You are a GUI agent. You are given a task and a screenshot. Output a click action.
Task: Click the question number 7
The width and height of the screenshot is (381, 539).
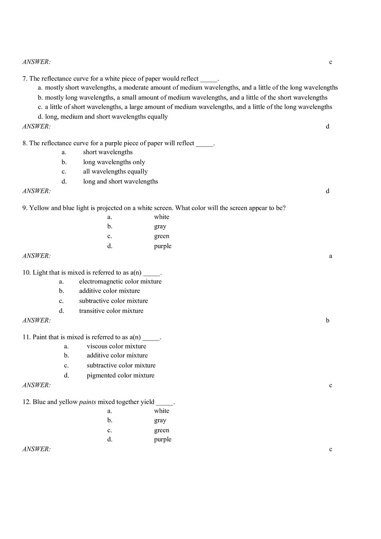tap(25, 79)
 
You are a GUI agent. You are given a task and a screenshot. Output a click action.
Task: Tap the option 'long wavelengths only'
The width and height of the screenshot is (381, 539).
tap(114, 162)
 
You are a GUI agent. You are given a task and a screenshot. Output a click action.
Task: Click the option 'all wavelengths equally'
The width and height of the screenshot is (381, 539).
tap(115, 172)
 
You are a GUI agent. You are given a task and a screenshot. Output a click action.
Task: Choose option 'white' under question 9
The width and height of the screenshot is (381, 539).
tap(161, 217)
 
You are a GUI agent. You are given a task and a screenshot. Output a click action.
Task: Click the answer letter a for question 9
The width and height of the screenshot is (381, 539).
tap(330, 256)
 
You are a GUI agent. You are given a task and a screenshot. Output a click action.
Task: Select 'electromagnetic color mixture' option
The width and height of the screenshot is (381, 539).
tap(120, 281)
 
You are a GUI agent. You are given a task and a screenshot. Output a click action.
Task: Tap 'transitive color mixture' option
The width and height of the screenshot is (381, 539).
tap(111, 311)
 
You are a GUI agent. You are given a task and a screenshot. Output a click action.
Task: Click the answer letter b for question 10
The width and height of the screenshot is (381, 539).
tap(328, 321)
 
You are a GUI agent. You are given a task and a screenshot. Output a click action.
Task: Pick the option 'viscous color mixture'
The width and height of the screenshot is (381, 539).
tap(116, 346)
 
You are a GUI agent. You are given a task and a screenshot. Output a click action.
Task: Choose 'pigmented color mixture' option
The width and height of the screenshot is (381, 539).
tap(120, 376)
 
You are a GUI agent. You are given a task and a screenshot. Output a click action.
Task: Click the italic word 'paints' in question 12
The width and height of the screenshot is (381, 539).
tap(87, 402)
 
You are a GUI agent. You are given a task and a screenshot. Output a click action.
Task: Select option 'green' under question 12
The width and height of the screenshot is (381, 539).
tap(161, 431)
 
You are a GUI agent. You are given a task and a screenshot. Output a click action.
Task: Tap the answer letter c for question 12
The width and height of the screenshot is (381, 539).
tap(330, 450)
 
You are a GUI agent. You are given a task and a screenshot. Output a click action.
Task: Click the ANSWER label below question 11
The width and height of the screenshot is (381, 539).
tap(36, 385)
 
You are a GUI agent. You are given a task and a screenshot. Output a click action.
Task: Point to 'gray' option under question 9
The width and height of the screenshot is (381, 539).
tap(160, 226)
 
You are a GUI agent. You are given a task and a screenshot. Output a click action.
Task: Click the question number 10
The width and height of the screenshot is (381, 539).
tap(26, 273)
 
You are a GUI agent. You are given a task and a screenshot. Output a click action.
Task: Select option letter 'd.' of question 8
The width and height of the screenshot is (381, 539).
tap(64, 182)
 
